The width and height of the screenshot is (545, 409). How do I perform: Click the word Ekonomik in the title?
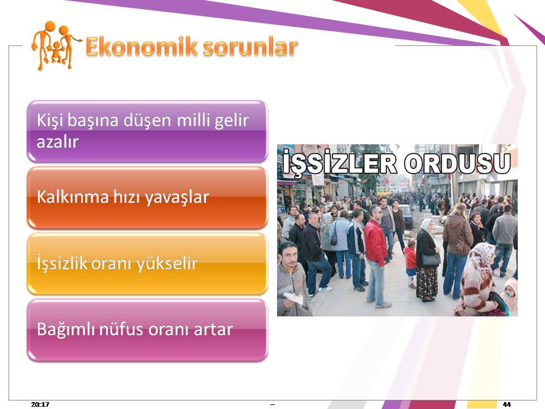pos(141,47)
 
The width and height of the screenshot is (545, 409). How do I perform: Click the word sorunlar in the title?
pos(250,47)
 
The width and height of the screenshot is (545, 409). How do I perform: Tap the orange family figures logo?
pos(55,45)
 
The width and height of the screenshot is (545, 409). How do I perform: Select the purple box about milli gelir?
pos(148,131)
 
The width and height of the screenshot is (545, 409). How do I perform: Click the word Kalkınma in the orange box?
pos(73,197)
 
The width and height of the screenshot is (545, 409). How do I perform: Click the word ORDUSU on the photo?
pos(457,162)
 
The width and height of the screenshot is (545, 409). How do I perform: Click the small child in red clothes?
pos(410,262)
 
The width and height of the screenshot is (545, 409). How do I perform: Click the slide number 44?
pos(507,404)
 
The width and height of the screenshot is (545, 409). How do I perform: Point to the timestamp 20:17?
pos(40,404)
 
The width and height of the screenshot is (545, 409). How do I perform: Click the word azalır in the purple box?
pos(58,142)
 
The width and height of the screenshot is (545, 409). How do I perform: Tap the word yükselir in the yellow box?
pos(167,263)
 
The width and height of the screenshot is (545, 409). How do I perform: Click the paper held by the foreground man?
pos(294,298)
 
